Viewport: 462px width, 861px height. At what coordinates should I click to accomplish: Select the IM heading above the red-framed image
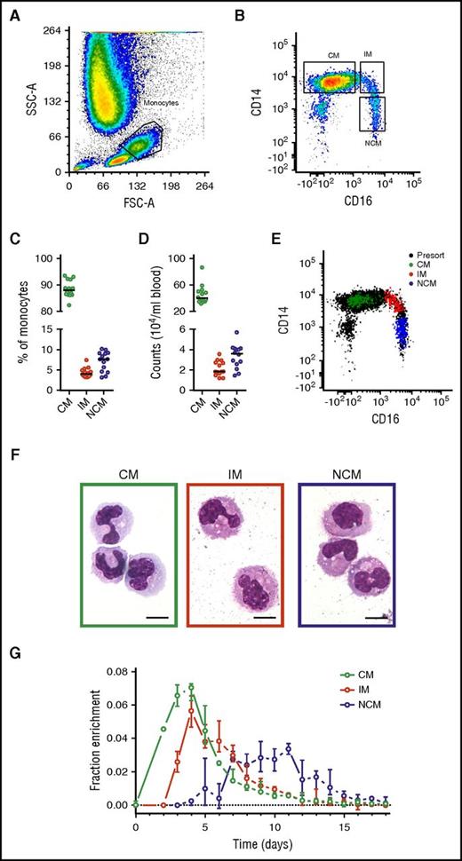pos(236,466)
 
